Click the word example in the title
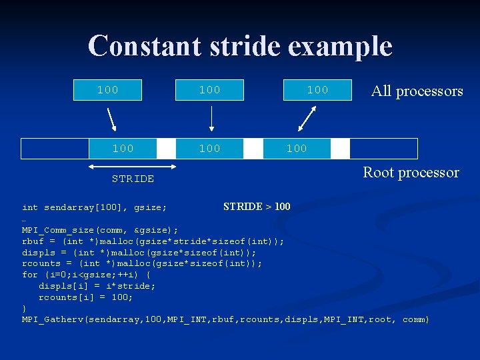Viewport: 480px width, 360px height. [350, 46]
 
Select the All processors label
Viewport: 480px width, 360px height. [417, 91]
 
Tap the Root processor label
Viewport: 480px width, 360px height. [411, 172]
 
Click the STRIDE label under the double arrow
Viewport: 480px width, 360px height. [133, 179]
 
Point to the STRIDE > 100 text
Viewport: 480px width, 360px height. [257, 207]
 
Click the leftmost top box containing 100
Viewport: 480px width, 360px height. [108, 90]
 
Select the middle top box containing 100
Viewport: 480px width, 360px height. [210, 90]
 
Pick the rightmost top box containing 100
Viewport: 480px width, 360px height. [317, 90]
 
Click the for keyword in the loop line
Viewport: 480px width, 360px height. [30, 275]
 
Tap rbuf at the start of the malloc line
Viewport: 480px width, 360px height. [33, 241]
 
